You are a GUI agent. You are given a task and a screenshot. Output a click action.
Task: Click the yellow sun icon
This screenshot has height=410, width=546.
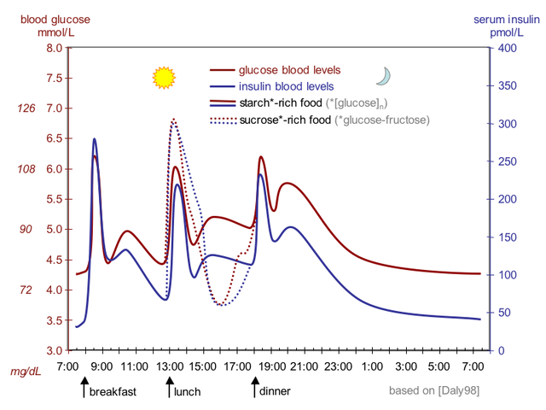click(163, 78)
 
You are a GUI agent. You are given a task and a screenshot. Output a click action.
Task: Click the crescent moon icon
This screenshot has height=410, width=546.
click(384, 77)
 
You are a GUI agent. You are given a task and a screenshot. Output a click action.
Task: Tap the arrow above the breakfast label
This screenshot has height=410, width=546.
click(83, 389)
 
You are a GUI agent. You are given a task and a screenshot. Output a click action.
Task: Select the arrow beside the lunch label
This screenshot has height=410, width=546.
click(169, 389)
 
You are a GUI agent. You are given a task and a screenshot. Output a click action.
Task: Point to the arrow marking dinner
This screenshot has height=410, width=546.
click(253, 389)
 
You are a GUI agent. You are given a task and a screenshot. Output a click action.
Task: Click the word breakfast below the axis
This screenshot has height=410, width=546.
click(113, 392)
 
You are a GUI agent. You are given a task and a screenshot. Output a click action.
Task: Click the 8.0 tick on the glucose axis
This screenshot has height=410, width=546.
click(52, 49)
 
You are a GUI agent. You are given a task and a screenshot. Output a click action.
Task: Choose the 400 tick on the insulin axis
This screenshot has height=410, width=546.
click(507, 49)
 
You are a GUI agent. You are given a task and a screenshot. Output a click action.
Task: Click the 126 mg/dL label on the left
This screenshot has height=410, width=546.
click(26, 108)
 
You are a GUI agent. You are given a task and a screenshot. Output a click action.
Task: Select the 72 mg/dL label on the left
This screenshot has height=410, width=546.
click(26, 290)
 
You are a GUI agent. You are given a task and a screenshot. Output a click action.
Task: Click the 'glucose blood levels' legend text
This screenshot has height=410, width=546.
click(290, 70)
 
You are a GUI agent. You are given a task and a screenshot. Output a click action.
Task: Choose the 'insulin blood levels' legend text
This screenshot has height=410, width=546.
click(287, 86)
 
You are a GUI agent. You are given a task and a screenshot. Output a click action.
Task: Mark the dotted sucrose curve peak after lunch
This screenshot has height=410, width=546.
click(174, 120)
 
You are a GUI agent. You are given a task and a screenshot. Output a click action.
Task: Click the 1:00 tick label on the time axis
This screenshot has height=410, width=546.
click(372, 366)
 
